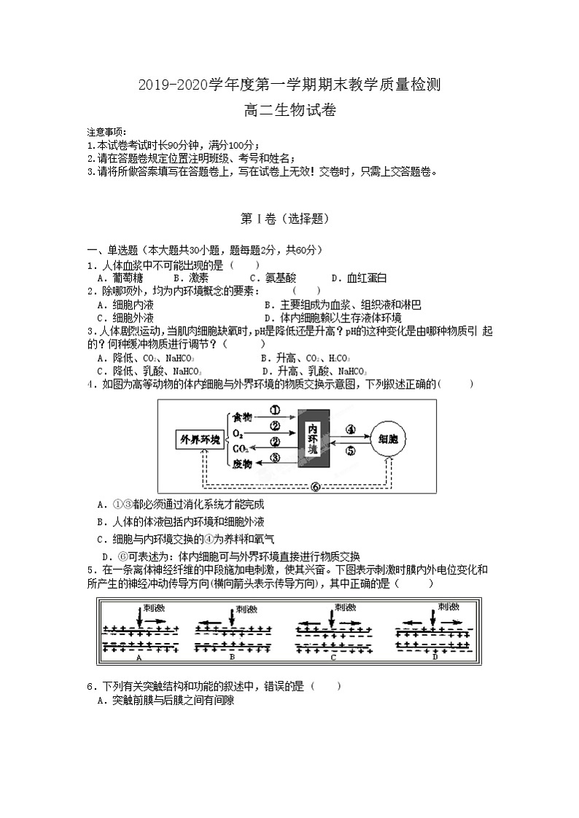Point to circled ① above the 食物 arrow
coord(275,410)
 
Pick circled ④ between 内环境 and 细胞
coord(350,429)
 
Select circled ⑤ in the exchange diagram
coord(350,451)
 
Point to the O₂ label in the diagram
coord(238,432)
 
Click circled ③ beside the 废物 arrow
coord(275,458)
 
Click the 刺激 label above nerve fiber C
coord(345,607)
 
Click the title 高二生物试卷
coord(289,109)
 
